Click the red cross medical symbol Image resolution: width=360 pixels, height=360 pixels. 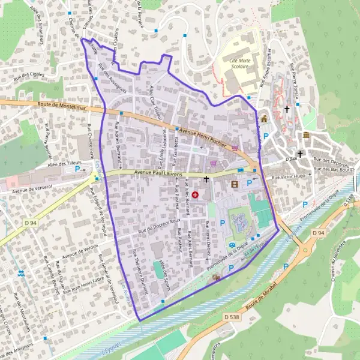[195, 195]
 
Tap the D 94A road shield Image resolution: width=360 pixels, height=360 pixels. [292, 159]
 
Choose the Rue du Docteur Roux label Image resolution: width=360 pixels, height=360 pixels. [159, 226]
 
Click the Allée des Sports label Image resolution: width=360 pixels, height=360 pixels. [164, 273]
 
